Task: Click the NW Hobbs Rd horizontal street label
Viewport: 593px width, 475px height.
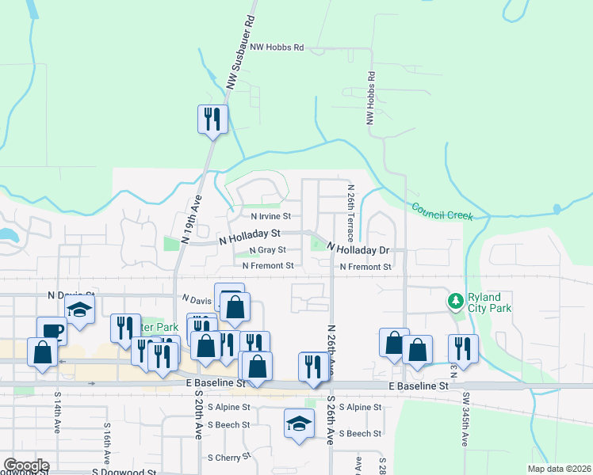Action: coord(277,47)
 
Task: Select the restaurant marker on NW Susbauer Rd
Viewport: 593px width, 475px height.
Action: coord(212,120)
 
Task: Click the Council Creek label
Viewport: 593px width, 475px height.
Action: coord(442,211)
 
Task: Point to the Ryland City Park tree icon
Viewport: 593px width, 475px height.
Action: coord(455,301)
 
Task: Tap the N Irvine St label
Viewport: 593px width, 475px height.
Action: coord(270,216)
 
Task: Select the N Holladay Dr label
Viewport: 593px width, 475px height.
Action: coord(359,249)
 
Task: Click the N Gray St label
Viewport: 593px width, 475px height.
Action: coord(267,250)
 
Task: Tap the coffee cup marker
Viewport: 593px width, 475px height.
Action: coord(52,330)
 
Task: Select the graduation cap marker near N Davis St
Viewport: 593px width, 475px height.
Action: coord(79,310)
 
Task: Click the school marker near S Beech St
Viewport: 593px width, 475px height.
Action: coord(299,424)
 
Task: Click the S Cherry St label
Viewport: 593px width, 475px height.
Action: coord(228,458)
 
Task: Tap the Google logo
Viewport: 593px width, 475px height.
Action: coord(25,466)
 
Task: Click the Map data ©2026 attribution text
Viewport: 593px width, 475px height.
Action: coord(558,469)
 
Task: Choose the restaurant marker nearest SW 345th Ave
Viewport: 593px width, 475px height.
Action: coord(463,348)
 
